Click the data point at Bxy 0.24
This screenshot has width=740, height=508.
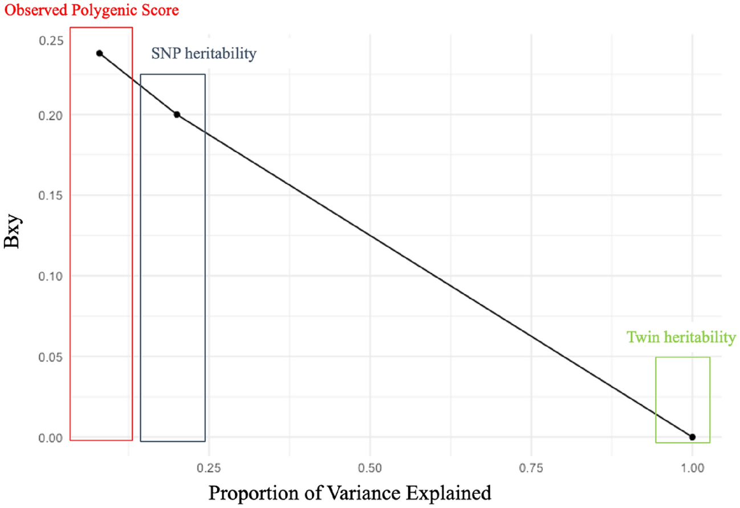coord(99,53)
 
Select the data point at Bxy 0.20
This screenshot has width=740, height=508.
coord(177,115)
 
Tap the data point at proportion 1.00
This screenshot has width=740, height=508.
coord(692,437)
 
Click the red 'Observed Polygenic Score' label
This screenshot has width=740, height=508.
coord(92,11)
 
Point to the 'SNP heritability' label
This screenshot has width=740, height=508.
coord(204,54)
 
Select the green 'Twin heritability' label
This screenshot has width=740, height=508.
coord(681,337)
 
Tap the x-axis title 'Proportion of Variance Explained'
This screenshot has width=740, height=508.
coord(349,492)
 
